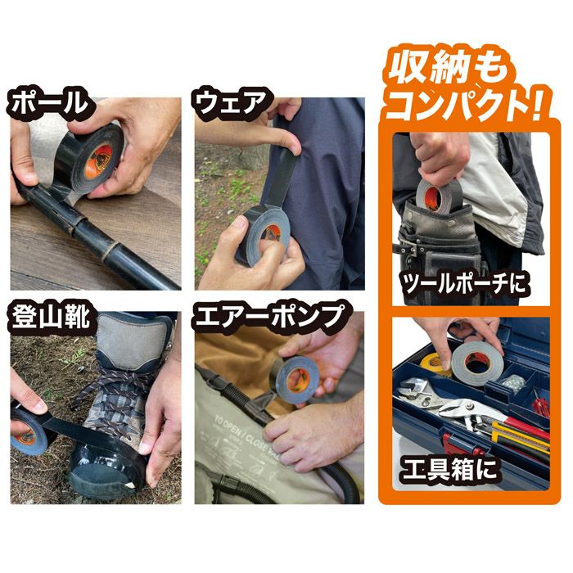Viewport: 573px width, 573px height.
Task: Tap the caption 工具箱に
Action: (x=449, y=469)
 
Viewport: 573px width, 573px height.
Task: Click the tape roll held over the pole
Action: (x=88, y=160)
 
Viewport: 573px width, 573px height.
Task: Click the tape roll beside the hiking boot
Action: (x=30, y=433)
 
